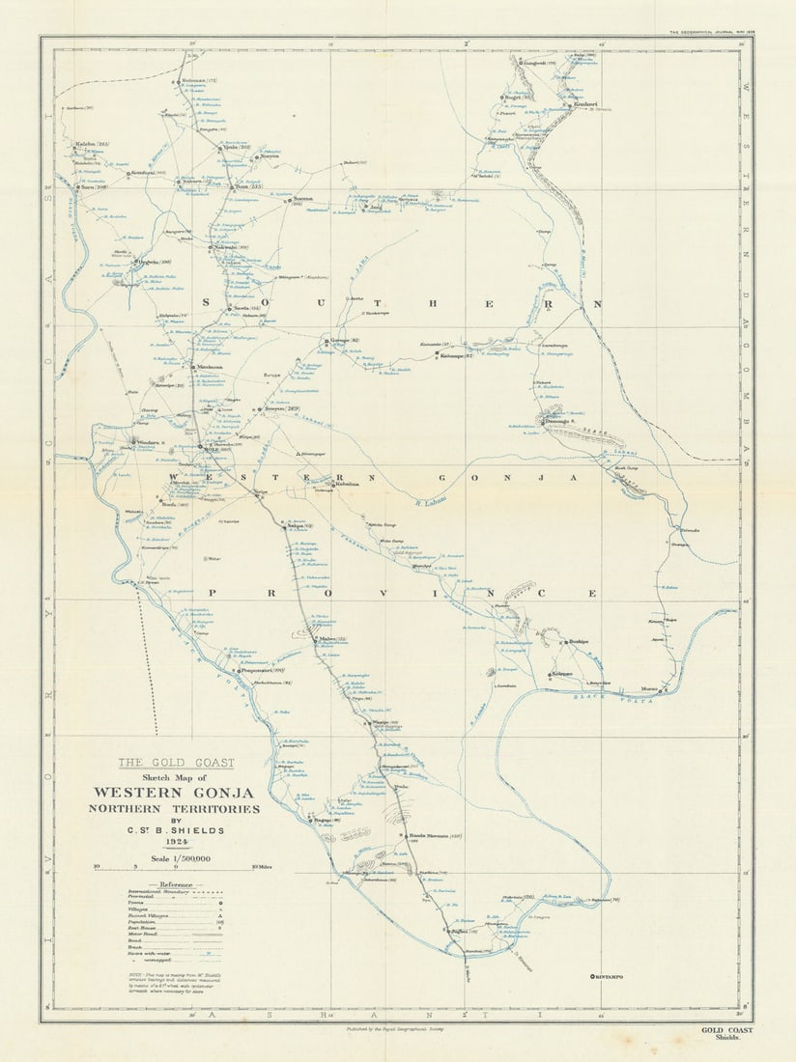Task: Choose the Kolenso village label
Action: click(x=562, y=673)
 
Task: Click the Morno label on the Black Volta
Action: click(x=650, y=689)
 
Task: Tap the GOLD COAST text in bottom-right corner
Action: click(x=726, y=1030)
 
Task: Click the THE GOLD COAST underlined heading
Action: click(x=176, y=762)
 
